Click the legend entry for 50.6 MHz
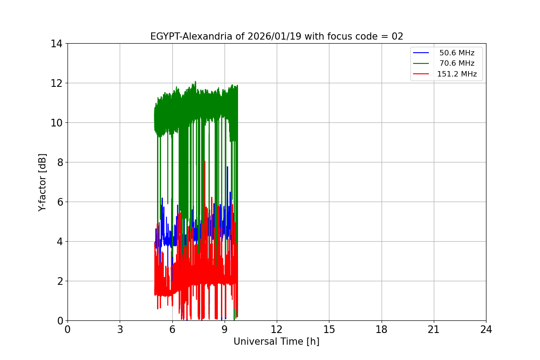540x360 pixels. tap(457, 53)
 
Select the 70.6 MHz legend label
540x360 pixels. tap(457, 63)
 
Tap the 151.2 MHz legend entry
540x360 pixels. tap(457, 74)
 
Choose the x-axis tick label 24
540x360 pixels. tap(486, 329)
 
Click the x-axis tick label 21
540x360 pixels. tap(434, 329)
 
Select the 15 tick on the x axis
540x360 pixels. tap(329, 329)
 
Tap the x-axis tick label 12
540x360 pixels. tap(277, 329)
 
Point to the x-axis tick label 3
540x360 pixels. tap(120, 329)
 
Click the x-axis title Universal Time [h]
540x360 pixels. tap(276, 342)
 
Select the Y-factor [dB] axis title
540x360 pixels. tap(42, 182)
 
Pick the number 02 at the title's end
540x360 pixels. tap(397, 36)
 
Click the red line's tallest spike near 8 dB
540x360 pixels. tap(205, 161)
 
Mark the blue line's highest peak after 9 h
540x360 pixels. tap(227, 167)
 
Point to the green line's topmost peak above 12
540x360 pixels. tap(195, 81)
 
